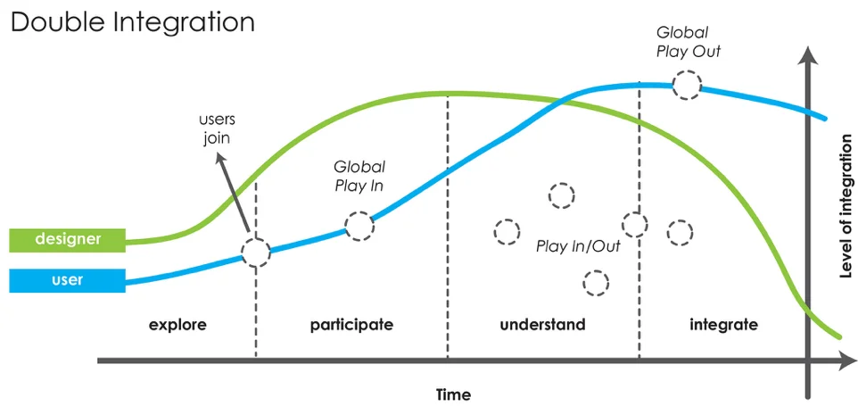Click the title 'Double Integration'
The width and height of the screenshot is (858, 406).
(132, 23)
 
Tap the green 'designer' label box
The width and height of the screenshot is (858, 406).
(68, 239)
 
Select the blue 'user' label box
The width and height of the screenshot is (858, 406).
(68, 280)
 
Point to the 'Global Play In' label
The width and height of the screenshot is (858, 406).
(359, 176)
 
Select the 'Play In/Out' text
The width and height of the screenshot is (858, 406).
(577, 246)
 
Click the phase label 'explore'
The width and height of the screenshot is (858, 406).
(177, 324)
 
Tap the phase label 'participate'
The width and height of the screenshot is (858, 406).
(351, 324)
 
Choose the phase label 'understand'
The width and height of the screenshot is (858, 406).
(542, 324)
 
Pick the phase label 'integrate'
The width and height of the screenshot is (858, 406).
(723, 324)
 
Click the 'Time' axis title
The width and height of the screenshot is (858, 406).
(453, 394)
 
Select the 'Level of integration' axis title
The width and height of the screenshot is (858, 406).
(846, 206)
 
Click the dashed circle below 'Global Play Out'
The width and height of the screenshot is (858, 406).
(687, 85)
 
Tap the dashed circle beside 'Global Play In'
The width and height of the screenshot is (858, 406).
(359, 226)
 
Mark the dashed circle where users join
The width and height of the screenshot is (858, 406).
(256, 253)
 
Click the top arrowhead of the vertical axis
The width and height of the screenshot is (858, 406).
(808, 55)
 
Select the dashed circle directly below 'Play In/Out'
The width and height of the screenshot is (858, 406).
(595, 284)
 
